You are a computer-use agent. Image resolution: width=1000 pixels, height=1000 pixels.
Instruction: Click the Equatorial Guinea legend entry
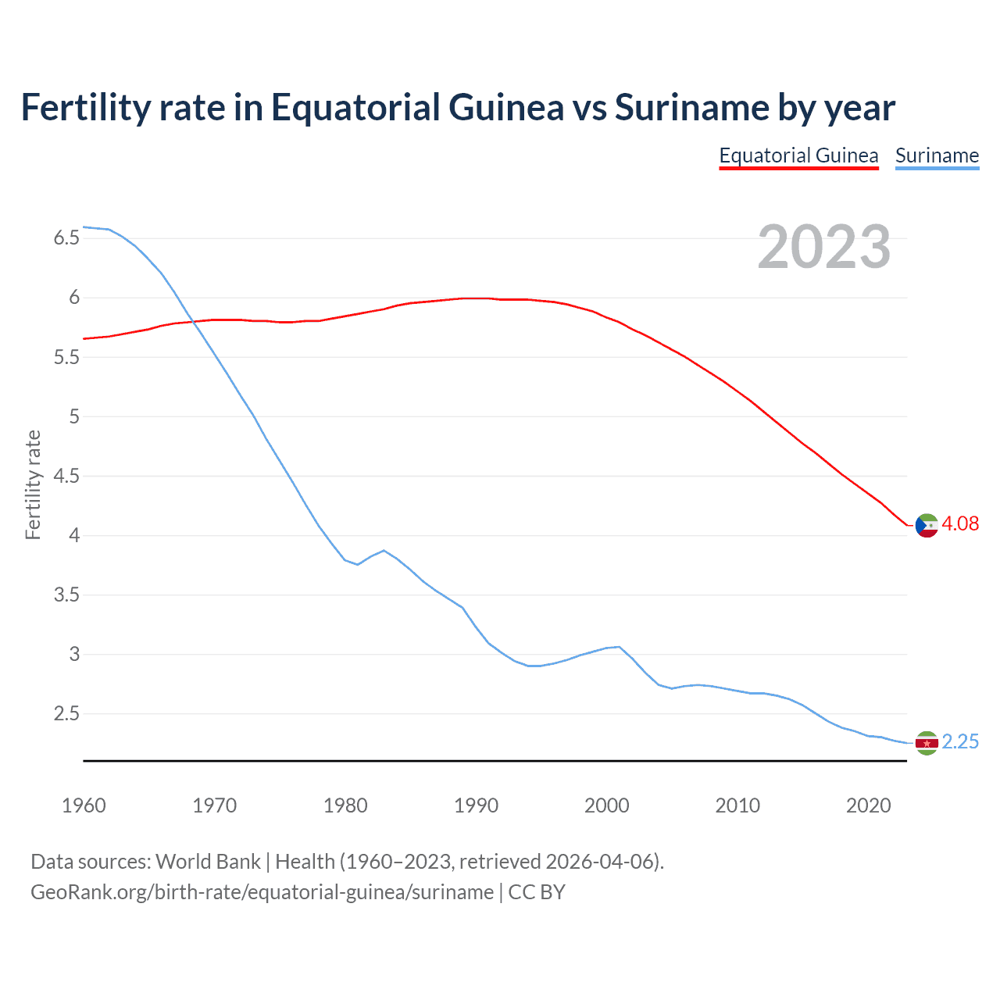(798, 155)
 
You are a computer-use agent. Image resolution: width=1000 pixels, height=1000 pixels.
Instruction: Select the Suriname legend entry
(937, 155)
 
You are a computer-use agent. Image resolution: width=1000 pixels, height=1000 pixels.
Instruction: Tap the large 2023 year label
(824, 247)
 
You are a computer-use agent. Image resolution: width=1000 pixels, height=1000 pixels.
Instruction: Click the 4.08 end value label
(960, 524)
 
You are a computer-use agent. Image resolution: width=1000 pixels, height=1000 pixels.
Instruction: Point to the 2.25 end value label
(960, 741)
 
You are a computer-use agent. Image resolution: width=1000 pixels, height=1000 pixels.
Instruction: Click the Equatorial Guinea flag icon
(927, 526)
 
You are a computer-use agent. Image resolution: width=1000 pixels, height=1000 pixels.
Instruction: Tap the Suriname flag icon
(927, 743)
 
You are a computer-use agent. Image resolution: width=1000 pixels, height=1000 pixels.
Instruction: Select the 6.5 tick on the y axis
(66, 237)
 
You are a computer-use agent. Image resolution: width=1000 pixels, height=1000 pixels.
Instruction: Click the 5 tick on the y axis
(74, 416)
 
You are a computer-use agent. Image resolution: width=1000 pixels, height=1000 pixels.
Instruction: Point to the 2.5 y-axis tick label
(66, 713)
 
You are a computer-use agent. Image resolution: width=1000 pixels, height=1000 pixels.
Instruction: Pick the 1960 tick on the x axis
(84, 805)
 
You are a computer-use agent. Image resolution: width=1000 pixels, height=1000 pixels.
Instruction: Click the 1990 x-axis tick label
(476, 805)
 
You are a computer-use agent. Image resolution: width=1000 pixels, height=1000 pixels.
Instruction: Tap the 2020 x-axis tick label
(868, 805)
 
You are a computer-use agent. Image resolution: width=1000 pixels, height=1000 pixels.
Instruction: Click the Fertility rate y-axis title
(33, 484)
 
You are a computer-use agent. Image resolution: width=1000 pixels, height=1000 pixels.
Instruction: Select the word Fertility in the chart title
(84, 107)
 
